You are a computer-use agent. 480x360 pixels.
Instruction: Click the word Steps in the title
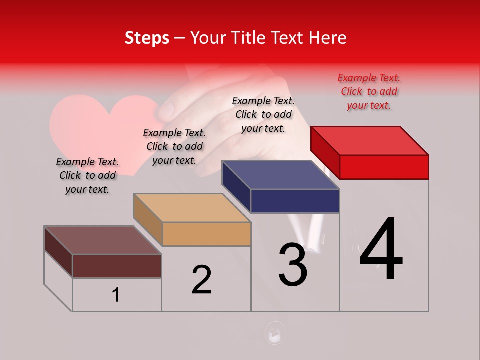pyautogui.click(x=147, y=38)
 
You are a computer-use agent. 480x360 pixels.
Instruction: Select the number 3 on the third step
pyautogui.click(x=293, y=265)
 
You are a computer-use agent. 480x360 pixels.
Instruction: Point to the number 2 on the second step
pyautogui.click(x=202, y=279)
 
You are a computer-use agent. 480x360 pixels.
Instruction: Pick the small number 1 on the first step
pyautogui.click(x=116, y=295)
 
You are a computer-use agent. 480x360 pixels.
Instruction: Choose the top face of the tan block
pyautogui.click(x=192, y=207)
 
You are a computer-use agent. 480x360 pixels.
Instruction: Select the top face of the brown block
pyautogui.click(x=103, y=240)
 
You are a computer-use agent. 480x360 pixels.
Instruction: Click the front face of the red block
pyautogui.click(x=384, y=167)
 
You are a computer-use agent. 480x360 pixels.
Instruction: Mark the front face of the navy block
pyautogui.click(x=295, y=201)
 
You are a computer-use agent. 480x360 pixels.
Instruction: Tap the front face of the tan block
pyautogui.click(x=206, y=234)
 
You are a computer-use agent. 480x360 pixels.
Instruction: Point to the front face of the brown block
pyautogui.click(x=117, y=266)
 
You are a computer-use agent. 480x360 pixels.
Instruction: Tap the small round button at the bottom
pyautogui.click(x=274, y=332)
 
